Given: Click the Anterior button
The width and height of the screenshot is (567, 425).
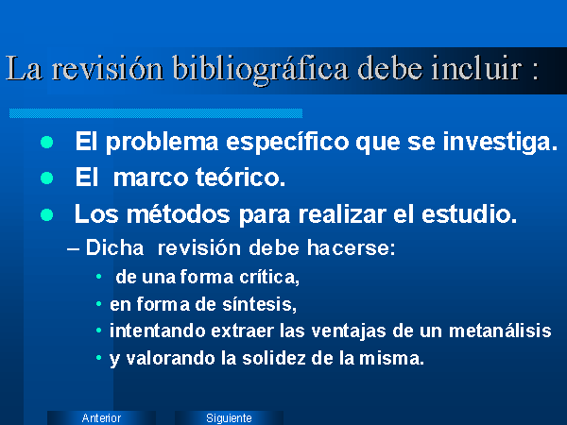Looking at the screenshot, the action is click(101, 417).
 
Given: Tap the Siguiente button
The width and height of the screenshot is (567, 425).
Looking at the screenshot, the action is click(229, 417).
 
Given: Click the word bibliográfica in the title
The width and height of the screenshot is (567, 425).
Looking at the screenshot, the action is click(261, 69).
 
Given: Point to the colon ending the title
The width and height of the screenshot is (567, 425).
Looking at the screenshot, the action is click(536, 72).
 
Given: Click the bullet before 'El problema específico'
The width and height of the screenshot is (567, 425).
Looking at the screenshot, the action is click(47, 142).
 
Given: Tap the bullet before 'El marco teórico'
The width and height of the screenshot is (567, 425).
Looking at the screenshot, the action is click(47, 178).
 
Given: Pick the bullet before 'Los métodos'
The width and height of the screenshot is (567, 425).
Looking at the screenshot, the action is click(47, 214).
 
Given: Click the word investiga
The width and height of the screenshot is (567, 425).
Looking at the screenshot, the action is click(500, 143).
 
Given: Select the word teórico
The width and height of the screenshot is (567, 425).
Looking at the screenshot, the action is click(240, 177).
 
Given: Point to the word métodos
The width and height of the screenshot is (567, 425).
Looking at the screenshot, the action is click(179, 213).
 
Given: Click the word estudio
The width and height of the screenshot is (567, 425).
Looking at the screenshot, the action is click(470, 213).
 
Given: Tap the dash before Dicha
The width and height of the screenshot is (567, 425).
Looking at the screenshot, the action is click(74, 249).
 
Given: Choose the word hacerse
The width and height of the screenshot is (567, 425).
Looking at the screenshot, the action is click(352, 247).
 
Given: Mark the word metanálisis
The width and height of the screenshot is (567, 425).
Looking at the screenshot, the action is click(500, 331).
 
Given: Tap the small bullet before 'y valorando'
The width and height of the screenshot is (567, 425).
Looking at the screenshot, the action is click(98, 358).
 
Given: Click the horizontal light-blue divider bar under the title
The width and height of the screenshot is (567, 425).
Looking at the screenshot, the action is click(156, 113).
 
